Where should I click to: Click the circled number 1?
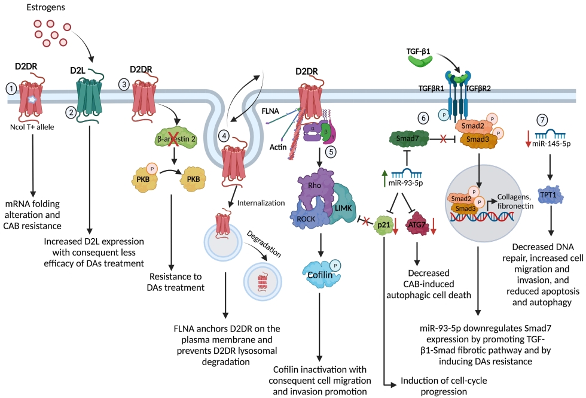pos(10,88)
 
